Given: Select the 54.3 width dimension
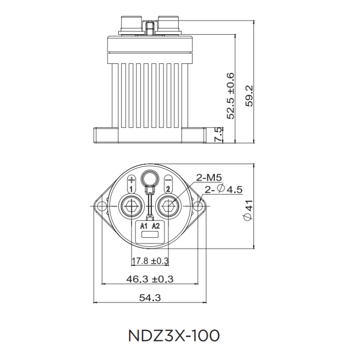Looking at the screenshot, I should pos(149,297).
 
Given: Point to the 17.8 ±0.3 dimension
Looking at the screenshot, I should pos(150,261).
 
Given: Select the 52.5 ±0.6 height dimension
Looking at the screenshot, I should pos(231,95).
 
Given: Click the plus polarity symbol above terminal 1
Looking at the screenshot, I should pos(131,179).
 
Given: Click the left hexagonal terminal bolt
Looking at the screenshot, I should pos(131,207).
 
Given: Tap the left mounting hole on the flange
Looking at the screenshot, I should pos(102,207).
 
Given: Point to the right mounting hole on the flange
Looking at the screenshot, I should pos(197,207).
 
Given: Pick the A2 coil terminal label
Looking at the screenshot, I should pos(155,225).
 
